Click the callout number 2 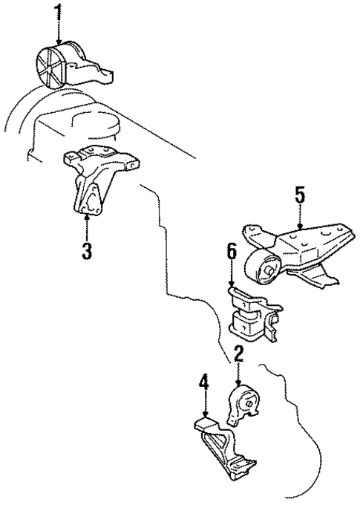[x=238, y=355]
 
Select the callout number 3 [x=87, y=250]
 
